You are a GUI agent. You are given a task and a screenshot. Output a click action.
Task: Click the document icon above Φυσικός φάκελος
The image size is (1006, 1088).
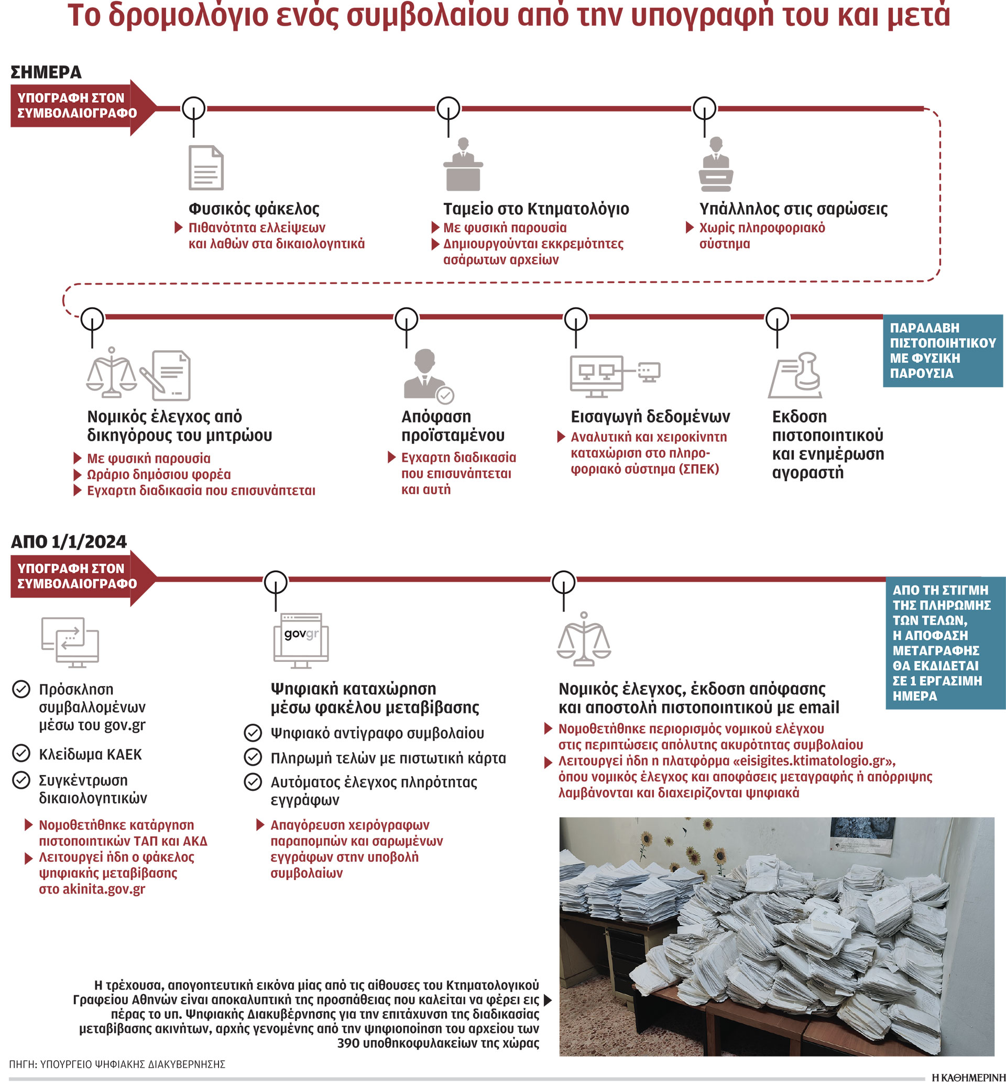[206, 168]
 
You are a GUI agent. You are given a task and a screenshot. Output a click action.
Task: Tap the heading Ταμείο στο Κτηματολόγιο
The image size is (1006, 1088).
[535, 209]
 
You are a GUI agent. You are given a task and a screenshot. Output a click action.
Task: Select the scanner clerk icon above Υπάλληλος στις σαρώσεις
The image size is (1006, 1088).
[715, 164]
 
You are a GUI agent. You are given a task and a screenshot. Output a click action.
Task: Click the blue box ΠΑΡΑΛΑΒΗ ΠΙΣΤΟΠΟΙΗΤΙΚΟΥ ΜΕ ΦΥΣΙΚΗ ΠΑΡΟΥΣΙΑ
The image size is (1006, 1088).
[942, 351]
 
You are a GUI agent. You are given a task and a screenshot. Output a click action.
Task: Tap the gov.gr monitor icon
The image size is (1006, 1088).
[301, 640]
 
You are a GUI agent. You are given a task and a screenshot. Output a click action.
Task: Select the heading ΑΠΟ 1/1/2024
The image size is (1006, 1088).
[69, 542]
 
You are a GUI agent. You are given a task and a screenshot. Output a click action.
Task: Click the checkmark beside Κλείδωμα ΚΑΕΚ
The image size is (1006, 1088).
[21, 754]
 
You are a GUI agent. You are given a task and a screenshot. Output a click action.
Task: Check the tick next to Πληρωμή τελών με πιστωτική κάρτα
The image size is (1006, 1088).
[253, 757]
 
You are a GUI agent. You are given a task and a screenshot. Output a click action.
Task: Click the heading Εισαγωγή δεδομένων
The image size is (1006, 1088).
[650, 417]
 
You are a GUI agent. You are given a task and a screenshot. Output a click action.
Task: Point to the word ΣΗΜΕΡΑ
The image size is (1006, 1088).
[46, 72]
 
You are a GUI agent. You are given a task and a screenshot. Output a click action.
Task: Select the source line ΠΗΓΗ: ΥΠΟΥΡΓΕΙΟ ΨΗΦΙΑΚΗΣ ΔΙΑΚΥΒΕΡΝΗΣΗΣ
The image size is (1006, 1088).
[117, 1064]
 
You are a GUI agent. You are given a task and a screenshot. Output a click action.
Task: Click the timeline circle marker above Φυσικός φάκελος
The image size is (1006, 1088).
[194, 109]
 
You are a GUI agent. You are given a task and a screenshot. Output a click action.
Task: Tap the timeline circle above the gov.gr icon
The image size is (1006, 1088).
[276, 583]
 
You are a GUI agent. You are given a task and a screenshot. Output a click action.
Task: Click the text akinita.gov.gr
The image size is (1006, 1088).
[103, 889]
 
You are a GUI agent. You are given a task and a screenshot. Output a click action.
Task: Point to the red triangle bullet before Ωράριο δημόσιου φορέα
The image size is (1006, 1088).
[78, 475]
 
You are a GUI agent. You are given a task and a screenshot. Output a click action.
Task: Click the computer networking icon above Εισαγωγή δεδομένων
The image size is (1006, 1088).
[615, 376]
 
